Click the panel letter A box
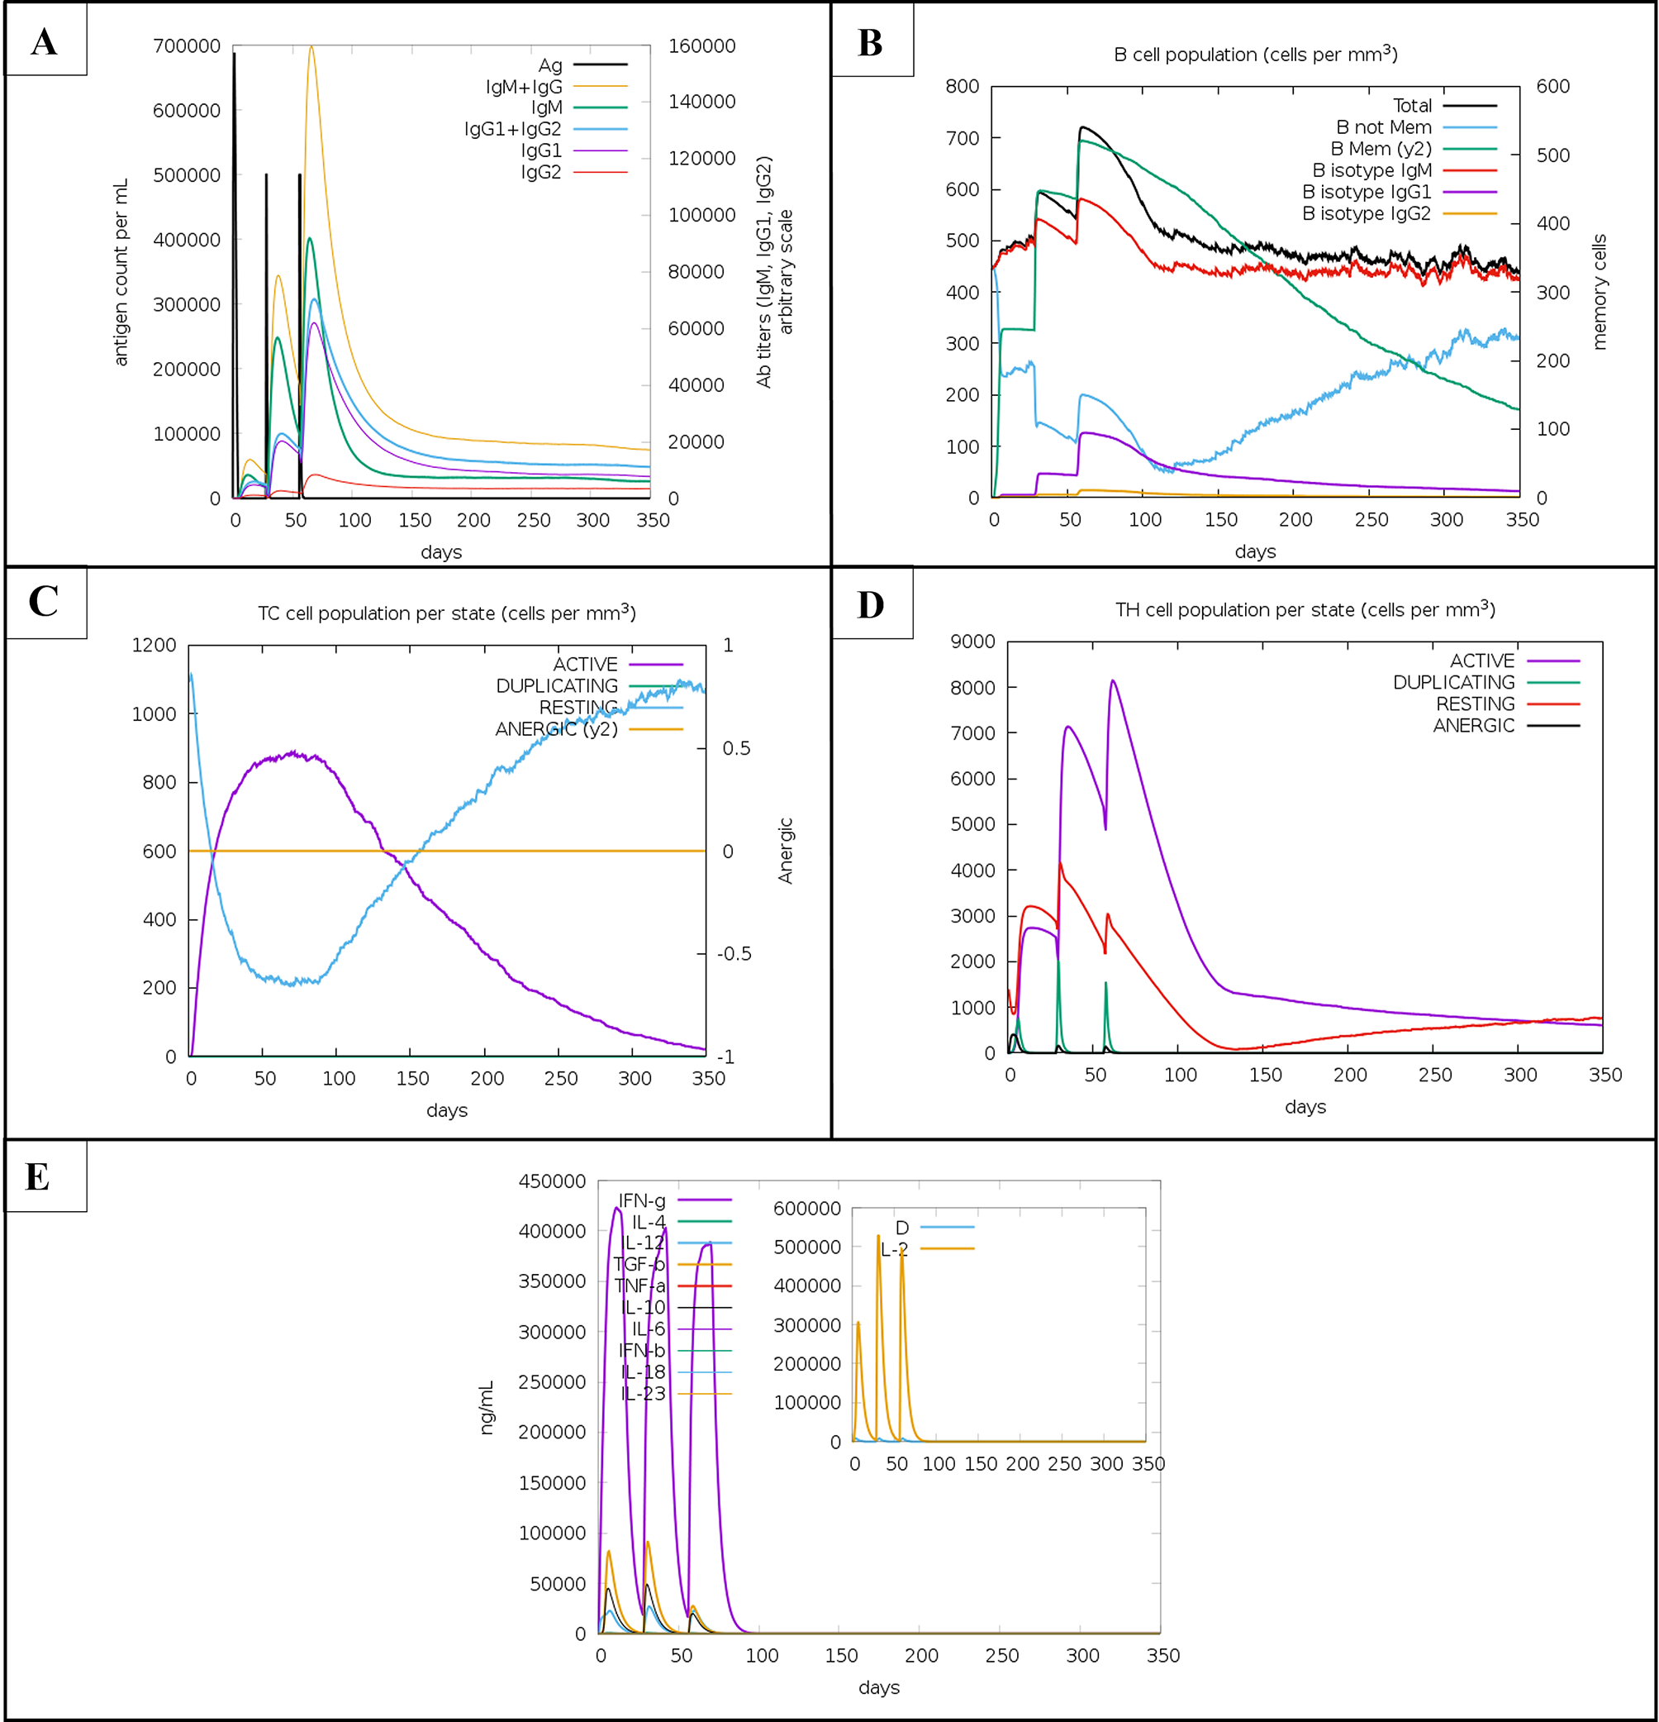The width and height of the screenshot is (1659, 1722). point(45,41)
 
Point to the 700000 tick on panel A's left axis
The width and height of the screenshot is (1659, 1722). point(186,45)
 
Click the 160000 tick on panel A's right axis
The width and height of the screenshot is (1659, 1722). point(701,45)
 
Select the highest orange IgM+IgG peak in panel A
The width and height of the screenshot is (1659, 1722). point(311,47)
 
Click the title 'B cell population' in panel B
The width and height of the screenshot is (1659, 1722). point(1255,55)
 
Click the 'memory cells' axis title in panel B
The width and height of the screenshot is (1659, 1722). point(1599,292)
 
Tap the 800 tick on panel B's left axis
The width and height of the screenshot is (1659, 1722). point(962,86)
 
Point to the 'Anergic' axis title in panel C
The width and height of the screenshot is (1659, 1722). point(785,851)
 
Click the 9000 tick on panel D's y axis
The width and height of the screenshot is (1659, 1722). point(972,642)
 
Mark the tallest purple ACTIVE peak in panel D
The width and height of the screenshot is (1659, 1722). point(1113,681)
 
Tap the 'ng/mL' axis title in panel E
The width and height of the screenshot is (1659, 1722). point(487,1408)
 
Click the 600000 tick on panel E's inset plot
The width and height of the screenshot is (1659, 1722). point(806,1209)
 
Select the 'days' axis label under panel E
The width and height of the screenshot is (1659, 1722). point(878,1688)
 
